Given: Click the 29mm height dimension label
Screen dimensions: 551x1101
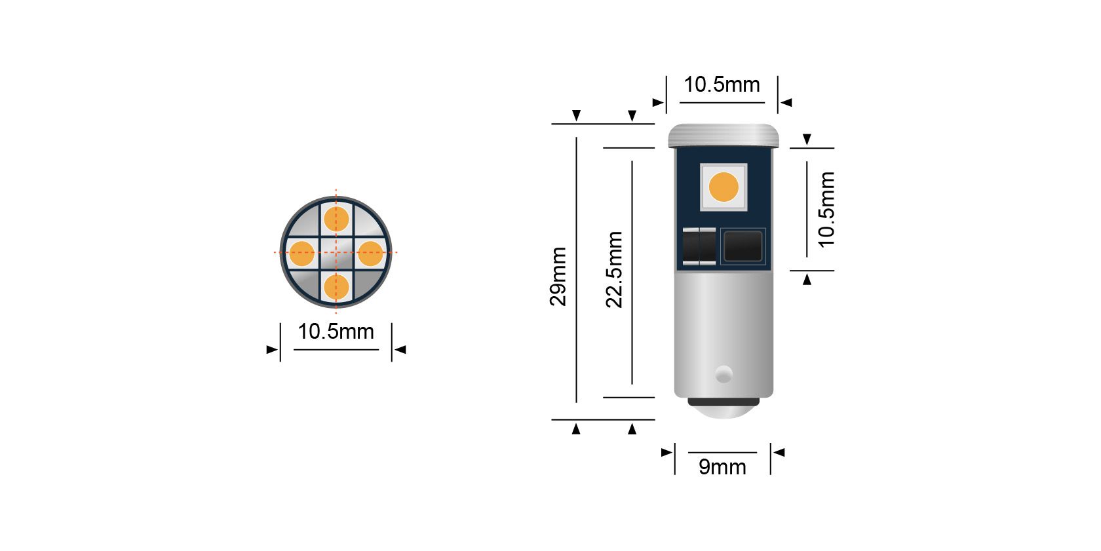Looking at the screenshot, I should point(558,276).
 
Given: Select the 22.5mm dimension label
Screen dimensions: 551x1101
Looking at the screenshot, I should point(614,269).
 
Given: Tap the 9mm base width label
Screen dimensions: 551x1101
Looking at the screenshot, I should point(722,466).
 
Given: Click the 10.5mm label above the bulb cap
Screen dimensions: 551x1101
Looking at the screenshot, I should point(722,85).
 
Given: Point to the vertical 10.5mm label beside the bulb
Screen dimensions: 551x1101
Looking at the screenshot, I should point(826,209).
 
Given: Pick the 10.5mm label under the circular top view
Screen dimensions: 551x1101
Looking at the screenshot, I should point(336,332).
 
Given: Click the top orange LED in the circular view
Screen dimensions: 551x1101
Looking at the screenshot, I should point(336,219).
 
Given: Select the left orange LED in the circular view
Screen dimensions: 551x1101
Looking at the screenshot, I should point(302,254).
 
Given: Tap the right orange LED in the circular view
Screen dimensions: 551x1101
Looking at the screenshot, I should point(370,254).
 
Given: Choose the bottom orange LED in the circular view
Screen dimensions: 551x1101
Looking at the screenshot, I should point(336,287).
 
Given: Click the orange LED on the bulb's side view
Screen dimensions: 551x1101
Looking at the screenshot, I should point(724,187).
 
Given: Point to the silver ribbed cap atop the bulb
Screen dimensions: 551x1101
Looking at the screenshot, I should point(723,136).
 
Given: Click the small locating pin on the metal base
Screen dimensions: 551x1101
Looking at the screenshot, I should point(723,374).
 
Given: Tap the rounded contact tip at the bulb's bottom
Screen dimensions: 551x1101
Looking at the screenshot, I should point(723,409).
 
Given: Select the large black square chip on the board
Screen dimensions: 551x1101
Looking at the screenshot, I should point(743,246).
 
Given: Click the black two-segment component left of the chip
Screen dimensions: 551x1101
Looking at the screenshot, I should point(699,246).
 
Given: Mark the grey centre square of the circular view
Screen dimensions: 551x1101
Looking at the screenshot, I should point(336,253).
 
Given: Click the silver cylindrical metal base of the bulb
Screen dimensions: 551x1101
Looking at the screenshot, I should point(723,328).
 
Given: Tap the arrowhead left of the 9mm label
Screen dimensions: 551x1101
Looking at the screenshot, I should point(666,452).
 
